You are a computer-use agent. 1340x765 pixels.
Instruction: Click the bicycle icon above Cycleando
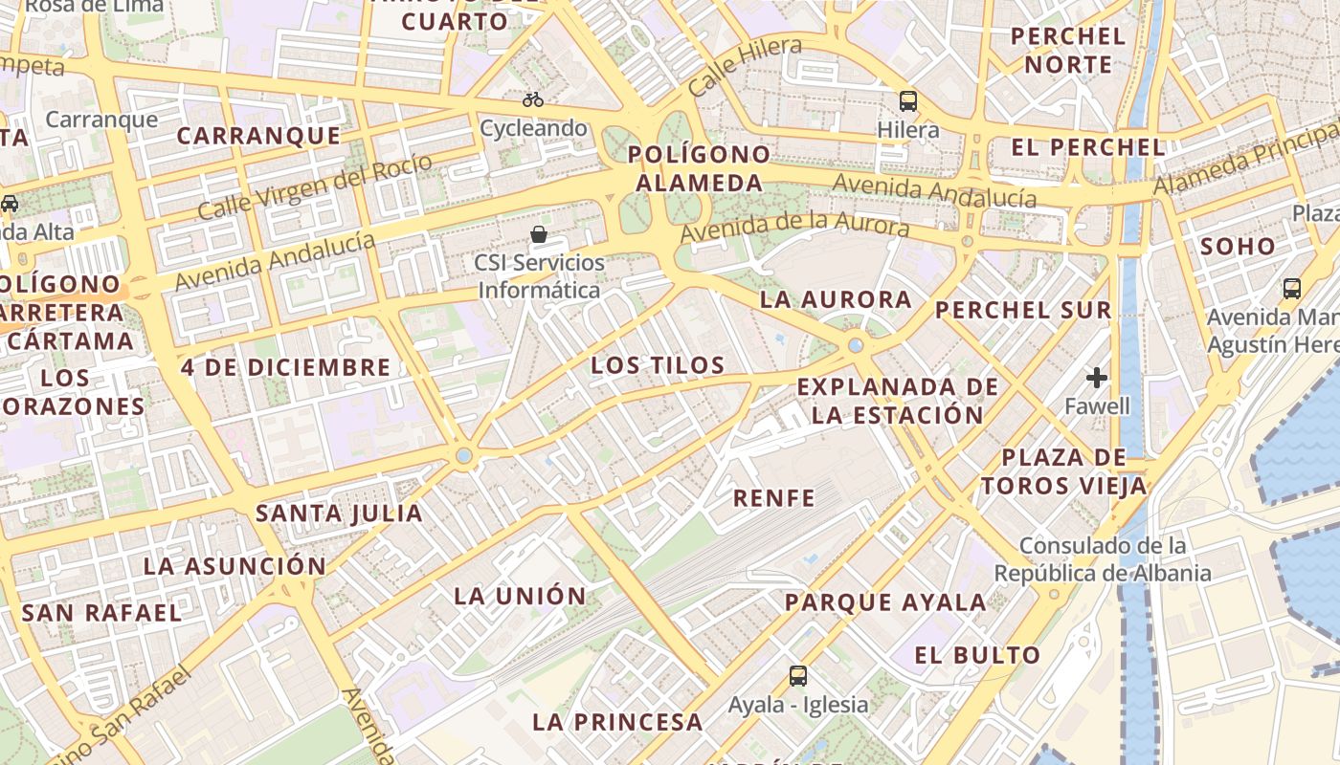(x=533, y=99)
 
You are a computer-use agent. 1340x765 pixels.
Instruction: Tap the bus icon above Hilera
(x=907, y=100)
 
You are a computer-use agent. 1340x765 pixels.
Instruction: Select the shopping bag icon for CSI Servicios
(x=539, y=234)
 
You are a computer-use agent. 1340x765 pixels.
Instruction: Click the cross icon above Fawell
(x=1097, y=378)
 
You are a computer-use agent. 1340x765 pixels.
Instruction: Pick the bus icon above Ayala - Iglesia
(x=798, y=676)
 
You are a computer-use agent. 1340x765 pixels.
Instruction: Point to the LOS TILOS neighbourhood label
(x=658, y=365)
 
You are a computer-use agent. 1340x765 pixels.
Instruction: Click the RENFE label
(x=774, y=497)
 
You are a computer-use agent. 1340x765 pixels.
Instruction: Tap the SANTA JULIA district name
(x=339, y=514)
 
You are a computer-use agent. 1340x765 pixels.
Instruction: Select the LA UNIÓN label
(x=520, y=596)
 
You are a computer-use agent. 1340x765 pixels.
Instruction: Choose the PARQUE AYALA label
(x=885, y=602)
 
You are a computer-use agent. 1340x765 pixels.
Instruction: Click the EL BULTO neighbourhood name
(x=977, y=655)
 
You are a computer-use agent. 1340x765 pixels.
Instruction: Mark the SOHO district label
(x=1238, y=247)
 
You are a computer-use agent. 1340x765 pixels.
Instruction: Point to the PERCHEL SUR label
(x=1023, y=310)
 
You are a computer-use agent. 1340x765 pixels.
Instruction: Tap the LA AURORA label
(x=836, y=299)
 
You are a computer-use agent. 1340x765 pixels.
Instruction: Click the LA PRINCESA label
(x=617, y=722)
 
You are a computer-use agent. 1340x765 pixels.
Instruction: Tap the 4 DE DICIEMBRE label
(x=285, y=367)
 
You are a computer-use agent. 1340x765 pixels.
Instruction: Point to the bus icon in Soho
(x=1291, y=289)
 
